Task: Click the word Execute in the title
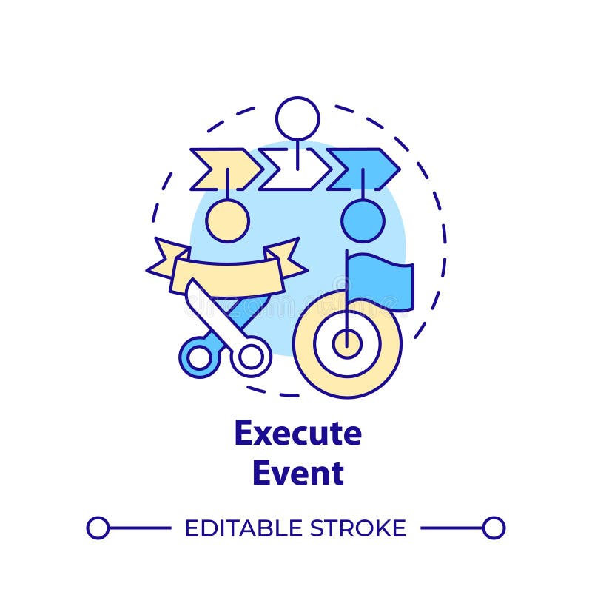(x=297, y=434)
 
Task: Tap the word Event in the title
(x=297, y=474)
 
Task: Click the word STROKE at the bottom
(x=357, y=528)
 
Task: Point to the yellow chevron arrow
(x=224, y=169)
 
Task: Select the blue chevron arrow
(x=363, y=169)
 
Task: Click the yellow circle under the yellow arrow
(x=227, y=220)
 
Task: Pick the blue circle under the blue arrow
(x=363, y=220)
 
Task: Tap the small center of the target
(x=346, y=343)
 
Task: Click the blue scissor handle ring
(x=199, y=357)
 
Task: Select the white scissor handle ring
(x=252, y=357)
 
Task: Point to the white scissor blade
(x=203, y=303)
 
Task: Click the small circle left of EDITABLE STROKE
(x=98, y=528)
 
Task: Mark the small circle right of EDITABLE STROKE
(x=494, y=528)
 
